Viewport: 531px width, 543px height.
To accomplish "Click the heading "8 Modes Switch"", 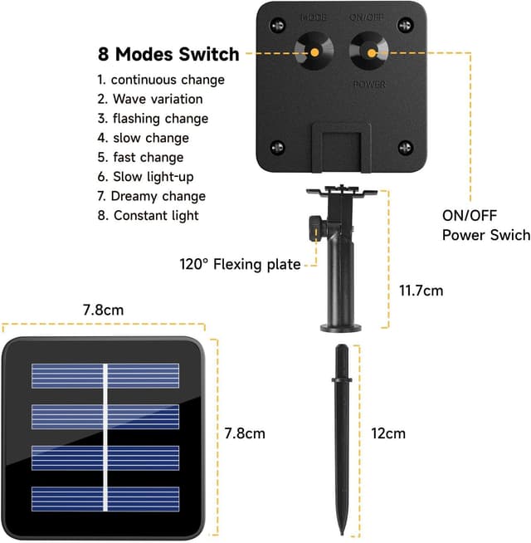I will tap(168, 55).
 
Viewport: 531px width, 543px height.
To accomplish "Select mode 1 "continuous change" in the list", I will tap(161, 80).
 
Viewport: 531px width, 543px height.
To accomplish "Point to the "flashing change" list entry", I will tap(153, 119).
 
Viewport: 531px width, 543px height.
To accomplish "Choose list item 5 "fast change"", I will tap(140, 157).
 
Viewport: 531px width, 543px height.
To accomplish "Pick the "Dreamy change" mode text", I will tap(151, 196).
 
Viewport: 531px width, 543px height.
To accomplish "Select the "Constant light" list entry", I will tap(148, 216).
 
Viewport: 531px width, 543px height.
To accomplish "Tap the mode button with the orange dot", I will tap(316, 51).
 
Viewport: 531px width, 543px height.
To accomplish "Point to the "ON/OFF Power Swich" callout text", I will tap(485, 225).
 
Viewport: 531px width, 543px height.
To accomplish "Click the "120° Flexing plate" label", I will tap(240, 265).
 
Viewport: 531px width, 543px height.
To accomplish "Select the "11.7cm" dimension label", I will tap(421, 291).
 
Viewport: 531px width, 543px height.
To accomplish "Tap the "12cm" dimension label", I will tap(388, 433).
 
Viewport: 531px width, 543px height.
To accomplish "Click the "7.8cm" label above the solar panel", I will tap(103, 310).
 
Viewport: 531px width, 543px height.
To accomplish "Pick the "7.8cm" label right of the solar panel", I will tap(245, 433).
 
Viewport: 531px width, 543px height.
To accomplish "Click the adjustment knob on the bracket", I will tap(314, 225).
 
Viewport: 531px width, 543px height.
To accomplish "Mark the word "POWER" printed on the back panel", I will tap(369, 84).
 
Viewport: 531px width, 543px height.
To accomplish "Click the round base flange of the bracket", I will tap(342, 326).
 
